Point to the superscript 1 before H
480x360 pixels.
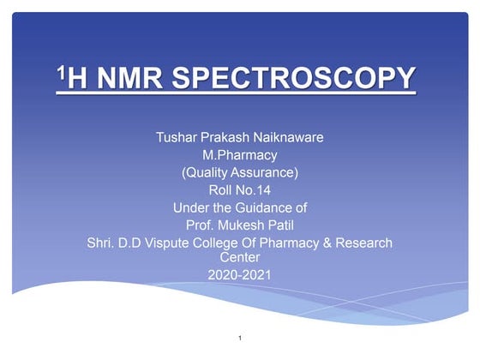(x=60, y=74)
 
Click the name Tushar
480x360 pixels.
(x=177, y=138)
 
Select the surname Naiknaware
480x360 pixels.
(x=286, y=138)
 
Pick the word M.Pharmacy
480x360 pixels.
(x=240, y=155)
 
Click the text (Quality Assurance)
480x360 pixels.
(x=240, y=172)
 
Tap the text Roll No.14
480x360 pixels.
(x=240, y=190)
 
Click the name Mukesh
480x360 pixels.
(x=239, y=225)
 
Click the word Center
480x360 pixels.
(x=240, y=256)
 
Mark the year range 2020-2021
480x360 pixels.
(x=240, y=274)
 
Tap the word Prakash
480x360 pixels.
(x=225, y=138)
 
